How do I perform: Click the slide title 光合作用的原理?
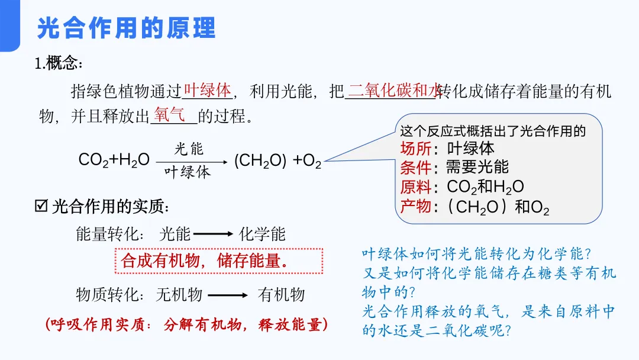126,28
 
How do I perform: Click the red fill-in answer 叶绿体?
207,90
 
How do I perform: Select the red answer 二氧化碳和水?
393,90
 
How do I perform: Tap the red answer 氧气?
170,114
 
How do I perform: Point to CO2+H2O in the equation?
114,160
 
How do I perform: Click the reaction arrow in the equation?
191,161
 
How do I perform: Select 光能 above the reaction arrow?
189,148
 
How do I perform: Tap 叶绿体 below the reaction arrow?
188,172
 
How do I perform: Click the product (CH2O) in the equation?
260,160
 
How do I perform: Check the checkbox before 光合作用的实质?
41,207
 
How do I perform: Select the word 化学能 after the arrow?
262,234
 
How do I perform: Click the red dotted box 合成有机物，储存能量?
218,261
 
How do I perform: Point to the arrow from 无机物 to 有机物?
227,295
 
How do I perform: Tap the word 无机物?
179,295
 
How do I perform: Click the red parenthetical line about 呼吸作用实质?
186,324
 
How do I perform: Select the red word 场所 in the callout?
416,148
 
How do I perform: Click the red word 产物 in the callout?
416,207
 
